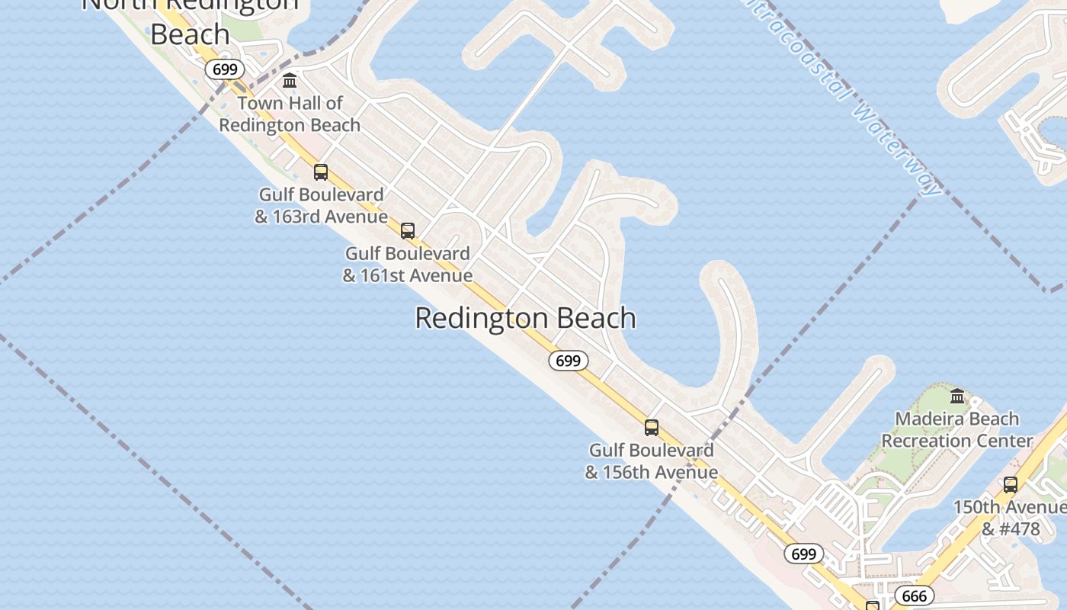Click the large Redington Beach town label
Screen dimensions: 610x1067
[x=525, y=318]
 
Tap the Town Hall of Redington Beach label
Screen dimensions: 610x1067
[x=290, y=114]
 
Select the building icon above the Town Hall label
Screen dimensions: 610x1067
[x=290, y=80]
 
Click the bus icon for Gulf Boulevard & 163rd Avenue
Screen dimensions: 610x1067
[x=321, y=172]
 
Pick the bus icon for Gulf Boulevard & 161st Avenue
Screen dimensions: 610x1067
[x=408, y=230]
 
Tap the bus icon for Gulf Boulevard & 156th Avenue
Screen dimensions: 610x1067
[x=651, y=427]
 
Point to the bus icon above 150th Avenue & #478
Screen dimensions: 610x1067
[x=1011, y=484]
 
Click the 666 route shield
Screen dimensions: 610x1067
[x=914, y=596]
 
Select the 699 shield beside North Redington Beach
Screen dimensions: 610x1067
[x=225, y=69]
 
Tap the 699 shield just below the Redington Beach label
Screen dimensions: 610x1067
[x=569, y=361]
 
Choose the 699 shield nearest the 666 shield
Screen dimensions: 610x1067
[x=803, y=554]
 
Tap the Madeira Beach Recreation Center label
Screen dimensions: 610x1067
[x=957, y=430]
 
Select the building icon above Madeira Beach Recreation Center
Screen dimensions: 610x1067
[x=957, y=396]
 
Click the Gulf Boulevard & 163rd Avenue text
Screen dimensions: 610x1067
[x=321, y=206]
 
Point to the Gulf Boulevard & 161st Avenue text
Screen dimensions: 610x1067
[x=408, y=264]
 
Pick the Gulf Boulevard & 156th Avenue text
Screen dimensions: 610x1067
[x=651, y=461]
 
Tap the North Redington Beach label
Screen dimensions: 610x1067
[x=190, y=19]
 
